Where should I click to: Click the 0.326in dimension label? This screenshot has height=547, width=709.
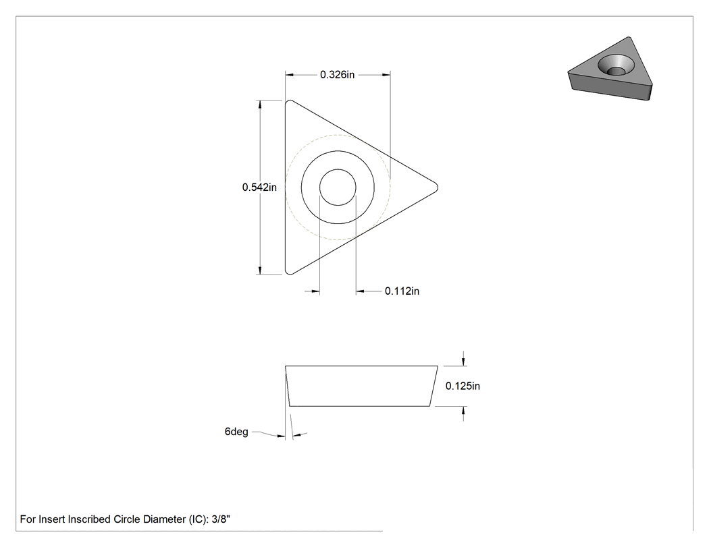pos(338,74)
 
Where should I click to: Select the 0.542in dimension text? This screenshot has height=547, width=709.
pos(259,187)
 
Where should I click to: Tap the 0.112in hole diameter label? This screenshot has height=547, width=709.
pos(402,291)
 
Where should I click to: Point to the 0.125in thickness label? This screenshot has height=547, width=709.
pos(463,386)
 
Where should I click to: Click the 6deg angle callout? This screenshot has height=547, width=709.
pos(236,432)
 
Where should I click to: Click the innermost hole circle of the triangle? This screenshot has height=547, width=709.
pos(338,187)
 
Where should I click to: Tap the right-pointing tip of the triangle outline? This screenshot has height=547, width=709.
pos(438,187)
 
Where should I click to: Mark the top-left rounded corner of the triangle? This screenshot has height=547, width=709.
pos(288,102)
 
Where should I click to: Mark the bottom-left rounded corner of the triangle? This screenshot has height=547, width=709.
pos(288,272)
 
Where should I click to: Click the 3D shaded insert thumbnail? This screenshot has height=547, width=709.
pos(610,69)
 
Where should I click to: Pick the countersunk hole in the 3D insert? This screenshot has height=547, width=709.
pos(615,65)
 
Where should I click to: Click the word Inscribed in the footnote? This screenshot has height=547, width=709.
pos(89,519)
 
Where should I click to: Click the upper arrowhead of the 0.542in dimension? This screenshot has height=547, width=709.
pos(260,105)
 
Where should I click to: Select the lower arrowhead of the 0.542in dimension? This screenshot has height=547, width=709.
pos(260,270)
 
